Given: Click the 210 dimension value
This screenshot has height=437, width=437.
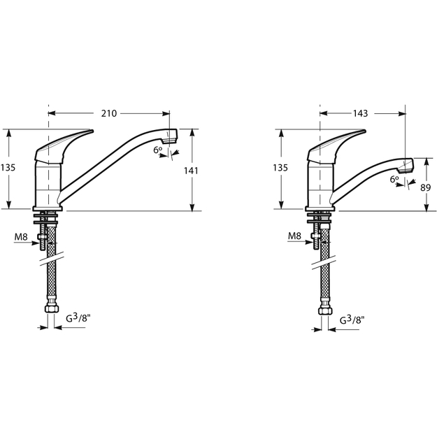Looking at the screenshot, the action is point(108,113).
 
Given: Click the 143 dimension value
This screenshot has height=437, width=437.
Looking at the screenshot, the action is point(360,113).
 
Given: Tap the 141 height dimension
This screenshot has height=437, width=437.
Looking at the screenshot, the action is point(191,171).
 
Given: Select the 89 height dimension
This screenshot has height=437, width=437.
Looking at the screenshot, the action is point(426,188).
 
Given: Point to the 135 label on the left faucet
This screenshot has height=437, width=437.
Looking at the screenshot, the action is point(8,168).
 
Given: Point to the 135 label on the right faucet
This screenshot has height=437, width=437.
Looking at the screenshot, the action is point(280,168).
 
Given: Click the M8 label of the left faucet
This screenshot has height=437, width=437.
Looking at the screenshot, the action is point(21,237).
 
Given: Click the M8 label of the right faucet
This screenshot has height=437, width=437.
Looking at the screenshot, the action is point(294,236).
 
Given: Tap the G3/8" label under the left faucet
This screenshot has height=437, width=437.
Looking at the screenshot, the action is point(76,317).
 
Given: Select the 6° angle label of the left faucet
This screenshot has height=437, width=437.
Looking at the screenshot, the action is point(157,150).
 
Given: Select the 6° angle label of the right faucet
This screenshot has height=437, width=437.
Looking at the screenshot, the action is point(394,179).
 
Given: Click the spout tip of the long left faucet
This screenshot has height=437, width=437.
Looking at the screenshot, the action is point(170,136).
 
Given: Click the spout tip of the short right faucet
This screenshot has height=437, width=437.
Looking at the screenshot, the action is point(406,166).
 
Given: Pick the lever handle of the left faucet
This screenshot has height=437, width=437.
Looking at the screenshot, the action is point(64,146).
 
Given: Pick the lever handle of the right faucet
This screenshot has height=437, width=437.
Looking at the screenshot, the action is point(336,146).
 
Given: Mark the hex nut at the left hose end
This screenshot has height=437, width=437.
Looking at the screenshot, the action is point(52,308).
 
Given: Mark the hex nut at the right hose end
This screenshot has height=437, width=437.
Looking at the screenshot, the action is point(325,310).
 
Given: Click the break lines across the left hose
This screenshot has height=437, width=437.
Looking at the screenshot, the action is point(52,259).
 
